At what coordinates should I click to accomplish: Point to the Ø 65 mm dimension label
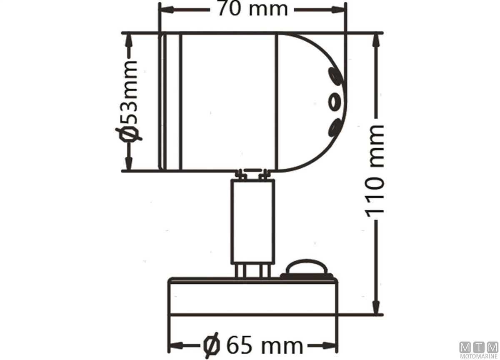coord(253,346)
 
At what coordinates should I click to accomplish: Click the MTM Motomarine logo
coord(479,350)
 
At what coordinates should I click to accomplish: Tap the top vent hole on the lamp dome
coord(335,77)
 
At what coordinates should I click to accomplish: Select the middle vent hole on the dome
coord(335,102)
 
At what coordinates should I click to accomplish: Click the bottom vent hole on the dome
coord(335,127)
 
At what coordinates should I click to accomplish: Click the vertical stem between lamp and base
coord(253,222)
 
